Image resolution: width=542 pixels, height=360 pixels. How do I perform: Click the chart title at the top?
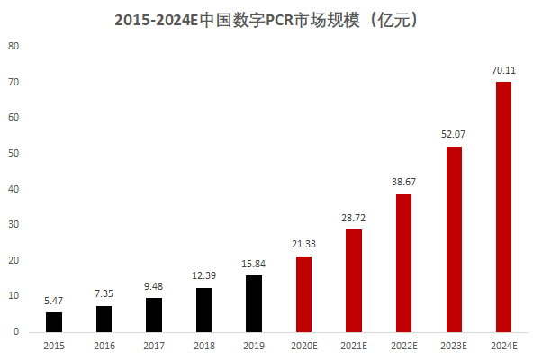click(271, 19)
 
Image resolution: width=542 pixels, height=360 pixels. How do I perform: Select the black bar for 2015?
click(54, 321)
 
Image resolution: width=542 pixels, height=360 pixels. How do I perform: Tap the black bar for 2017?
click(155, 314)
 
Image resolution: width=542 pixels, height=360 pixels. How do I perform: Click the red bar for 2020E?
click(303, 293)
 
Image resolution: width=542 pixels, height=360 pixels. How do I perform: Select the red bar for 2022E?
click(403, 263)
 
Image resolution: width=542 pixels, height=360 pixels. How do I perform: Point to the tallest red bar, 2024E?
click(503, 207)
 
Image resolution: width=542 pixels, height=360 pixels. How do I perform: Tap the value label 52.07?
click(453, 133)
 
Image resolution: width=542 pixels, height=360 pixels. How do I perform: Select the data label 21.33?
click(303, 243)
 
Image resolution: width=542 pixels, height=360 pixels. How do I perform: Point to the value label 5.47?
click(54, 299)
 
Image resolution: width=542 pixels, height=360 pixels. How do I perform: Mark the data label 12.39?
click(204, 274)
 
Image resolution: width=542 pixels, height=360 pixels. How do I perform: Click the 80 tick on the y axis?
click(14, 46)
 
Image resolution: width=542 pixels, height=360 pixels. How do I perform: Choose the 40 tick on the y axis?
click(14, 189)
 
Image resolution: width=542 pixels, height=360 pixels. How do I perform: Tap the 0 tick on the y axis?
click(16, 332)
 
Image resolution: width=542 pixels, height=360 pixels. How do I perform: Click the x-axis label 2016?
click(104, 346)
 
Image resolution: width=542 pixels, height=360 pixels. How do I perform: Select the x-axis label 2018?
click(204, 346)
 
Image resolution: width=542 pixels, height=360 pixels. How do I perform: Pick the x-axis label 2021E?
click(354, 346)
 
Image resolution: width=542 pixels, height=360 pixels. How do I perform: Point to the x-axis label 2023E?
click(453, 346)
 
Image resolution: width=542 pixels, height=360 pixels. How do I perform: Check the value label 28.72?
click(354, 217)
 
